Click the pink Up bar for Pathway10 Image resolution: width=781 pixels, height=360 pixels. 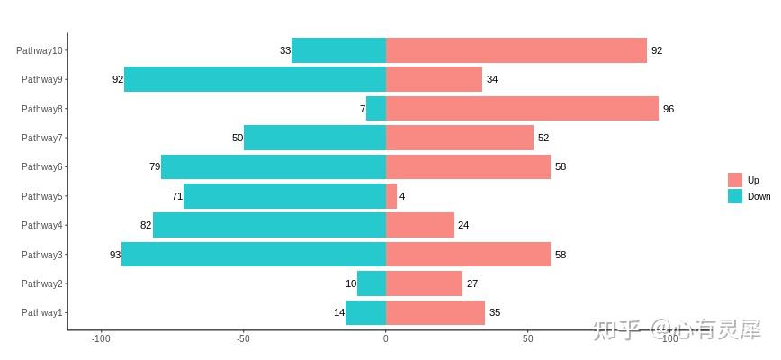(516, 50)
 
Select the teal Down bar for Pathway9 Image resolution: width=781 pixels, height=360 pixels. (255, 79)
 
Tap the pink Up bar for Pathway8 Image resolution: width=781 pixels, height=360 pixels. (522, 109)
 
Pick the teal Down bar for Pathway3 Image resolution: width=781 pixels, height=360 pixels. (253, 255)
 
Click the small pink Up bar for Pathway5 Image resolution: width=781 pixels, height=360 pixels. (391, 196)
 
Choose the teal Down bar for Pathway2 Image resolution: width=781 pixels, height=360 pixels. (372, 283)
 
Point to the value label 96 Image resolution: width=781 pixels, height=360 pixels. (669, 109)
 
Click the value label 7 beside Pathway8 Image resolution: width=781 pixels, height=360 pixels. (363, 109)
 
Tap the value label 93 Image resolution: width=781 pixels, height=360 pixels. (115, 255)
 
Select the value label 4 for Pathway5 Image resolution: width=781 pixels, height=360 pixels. (402, 196)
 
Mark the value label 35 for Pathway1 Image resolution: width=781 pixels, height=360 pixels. (495, 313)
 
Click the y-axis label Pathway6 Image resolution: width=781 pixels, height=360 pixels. (42, 167)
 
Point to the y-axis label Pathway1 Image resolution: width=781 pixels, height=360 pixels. (42, 313)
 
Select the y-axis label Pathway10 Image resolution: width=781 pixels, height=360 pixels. (40, 50)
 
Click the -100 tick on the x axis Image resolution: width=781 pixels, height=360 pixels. (101, 339)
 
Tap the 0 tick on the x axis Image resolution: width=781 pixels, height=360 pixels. (386, 339)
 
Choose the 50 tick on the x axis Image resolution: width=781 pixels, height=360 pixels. (528, 339)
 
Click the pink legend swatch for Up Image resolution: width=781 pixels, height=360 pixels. (735, 180)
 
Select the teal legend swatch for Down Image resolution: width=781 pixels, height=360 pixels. (735, 196)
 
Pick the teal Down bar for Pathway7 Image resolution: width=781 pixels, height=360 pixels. (315, 138)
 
